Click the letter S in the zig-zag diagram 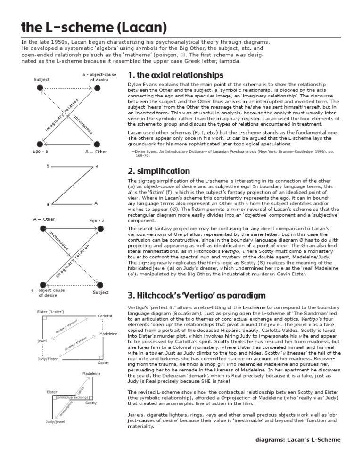click(48, 166)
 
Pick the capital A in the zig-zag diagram click(96, 203)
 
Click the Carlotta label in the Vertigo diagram click(105, 315)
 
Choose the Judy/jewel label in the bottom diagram click(55, 422)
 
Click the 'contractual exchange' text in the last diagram click(72, 398)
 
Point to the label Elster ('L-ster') click(47, 311)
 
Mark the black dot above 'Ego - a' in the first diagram click(41, 144)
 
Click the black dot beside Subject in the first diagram click(41, 88)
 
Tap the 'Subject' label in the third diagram click(100, 292)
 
